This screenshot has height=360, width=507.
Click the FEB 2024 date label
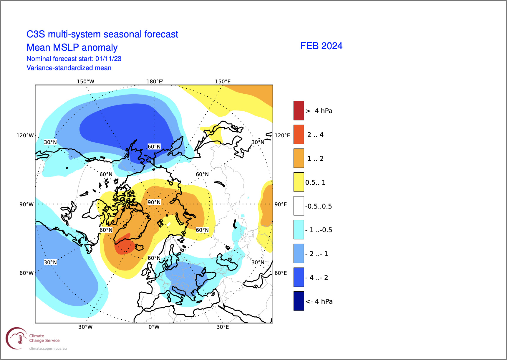[321, 46]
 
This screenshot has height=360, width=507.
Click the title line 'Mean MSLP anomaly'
[72, 47]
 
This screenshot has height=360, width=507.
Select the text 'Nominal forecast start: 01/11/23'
[74, 59]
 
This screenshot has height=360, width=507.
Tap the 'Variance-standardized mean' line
[69, 68]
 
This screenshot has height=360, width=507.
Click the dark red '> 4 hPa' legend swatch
[299, 110]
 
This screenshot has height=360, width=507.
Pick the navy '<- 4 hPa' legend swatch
[299, 301]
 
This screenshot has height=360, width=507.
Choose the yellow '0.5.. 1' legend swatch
[299, 182]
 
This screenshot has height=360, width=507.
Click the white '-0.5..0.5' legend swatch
[299, 206]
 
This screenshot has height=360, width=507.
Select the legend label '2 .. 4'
[315, 135]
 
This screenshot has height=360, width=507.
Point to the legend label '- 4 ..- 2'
[317, 278]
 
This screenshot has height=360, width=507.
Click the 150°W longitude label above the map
[85, 82]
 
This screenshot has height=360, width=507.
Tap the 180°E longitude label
[154, 82]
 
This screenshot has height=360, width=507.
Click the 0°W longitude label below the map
[154, 327]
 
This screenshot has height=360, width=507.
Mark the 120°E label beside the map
[282, 136]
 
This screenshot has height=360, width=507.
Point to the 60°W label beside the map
[26, 273]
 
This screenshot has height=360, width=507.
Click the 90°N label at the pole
[154, 202]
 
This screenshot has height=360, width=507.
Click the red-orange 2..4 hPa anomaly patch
[125, 245]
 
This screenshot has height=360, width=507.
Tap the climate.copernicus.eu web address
[48, 349]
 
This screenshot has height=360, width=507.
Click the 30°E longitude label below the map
[223, 327]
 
